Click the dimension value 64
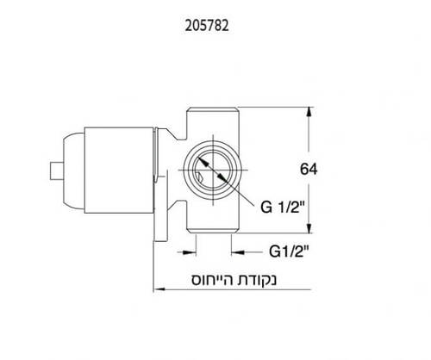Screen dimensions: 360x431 [309, 170]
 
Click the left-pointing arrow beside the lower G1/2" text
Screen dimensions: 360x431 [236, 251]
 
